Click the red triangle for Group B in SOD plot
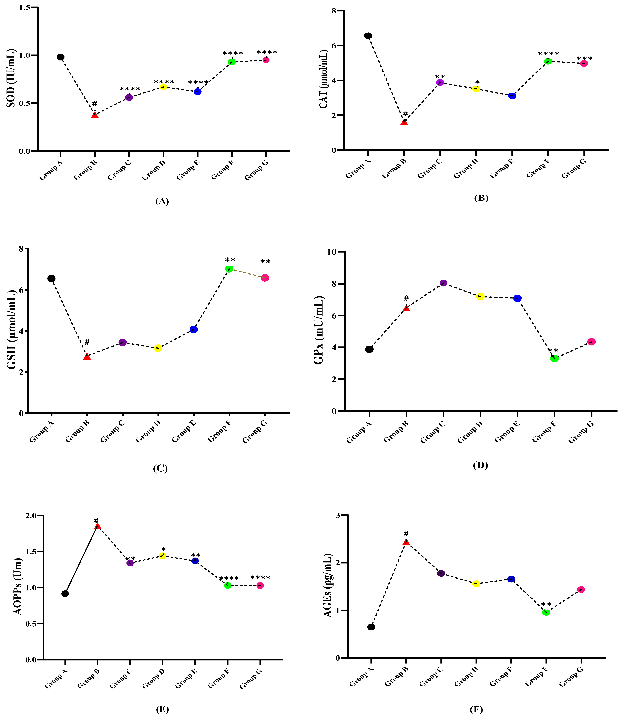click(x=95, y=115)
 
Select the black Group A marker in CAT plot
click(x=368, y=36)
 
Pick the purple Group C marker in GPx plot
click(x=443, y=283)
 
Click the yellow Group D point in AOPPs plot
click(x=162, y=556)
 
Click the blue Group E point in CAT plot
click(x=512, y=96)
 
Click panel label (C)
click(x=160, y=468)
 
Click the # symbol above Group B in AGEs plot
click(x=406, y=534)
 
